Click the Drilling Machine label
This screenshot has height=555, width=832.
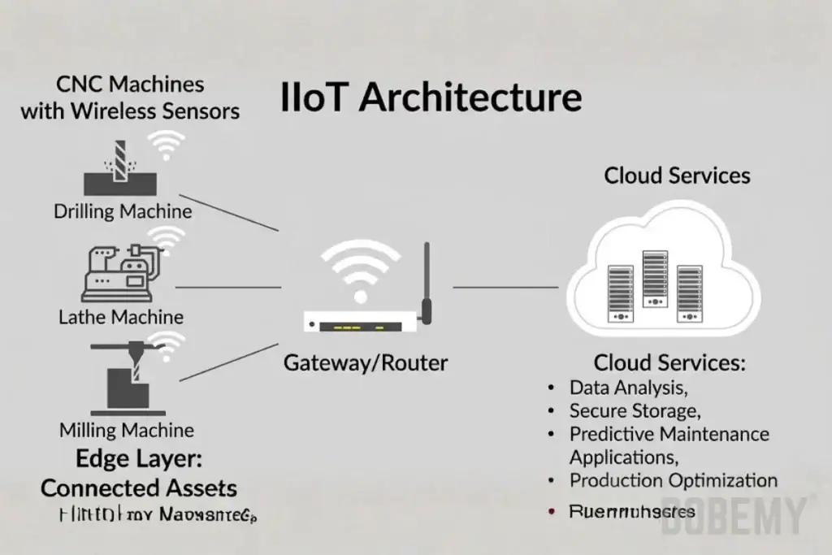click(123, 212)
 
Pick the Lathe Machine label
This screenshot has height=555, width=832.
click(121, 317)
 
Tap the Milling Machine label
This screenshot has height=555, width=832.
click(127, 430)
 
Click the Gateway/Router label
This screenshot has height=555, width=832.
click(365, 362)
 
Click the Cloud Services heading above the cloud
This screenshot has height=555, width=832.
click(677, 176)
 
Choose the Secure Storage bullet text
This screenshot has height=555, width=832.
click(635, 410)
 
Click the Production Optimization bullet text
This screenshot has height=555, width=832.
click(673, 480)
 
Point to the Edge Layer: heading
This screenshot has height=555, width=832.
click(139, 458)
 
